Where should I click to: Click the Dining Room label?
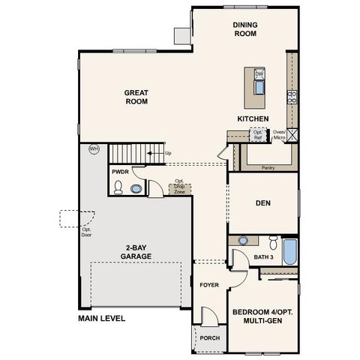245,29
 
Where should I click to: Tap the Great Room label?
136,97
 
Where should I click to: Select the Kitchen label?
253,119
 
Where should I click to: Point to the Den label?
262,203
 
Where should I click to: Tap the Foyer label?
208,286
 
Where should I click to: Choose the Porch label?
209,337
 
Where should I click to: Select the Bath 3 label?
263,256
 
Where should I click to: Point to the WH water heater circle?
94,148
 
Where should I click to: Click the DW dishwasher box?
259,74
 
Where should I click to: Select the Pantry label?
268,168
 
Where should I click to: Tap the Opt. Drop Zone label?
179,187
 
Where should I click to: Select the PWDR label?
121,172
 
